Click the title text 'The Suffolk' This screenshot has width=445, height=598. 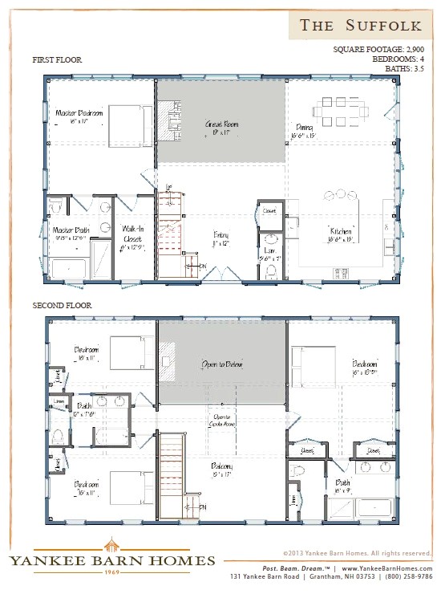coord(360,26)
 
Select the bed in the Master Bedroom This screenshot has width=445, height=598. coord(124,122)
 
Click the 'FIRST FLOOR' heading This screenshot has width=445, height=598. coord(57,60)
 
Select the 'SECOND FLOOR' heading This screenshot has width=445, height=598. coord(62,306)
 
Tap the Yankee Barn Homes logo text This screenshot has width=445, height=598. coord(111,559)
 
